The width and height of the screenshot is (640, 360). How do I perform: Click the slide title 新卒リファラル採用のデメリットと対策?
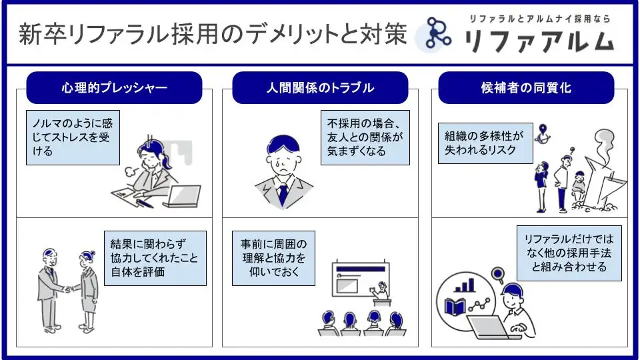[x=212, y=35]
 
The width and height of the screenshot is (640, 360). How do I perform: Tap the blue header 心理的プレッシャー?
[x=114, y=88]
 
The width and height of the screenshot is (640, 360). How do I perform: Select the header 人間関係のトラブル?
[x=320, y=88]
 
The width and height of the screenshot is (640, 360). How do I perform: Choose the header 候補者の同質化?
[x=526, y=88]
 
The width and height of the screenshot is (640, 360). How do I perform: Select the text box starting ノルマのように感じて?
[x=73, y=138]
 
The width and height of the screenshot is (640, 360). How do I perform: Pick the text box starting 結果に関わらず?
[x=155, y=258]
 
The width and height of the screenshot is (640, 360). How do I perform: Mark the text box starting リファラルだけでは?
[x=569, y=253]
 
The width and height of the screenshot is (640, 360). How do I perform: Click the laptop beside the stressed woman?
[x=182, y=196]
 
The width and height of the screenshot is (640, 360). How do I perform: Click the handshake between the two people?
[x=68, y=289]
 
